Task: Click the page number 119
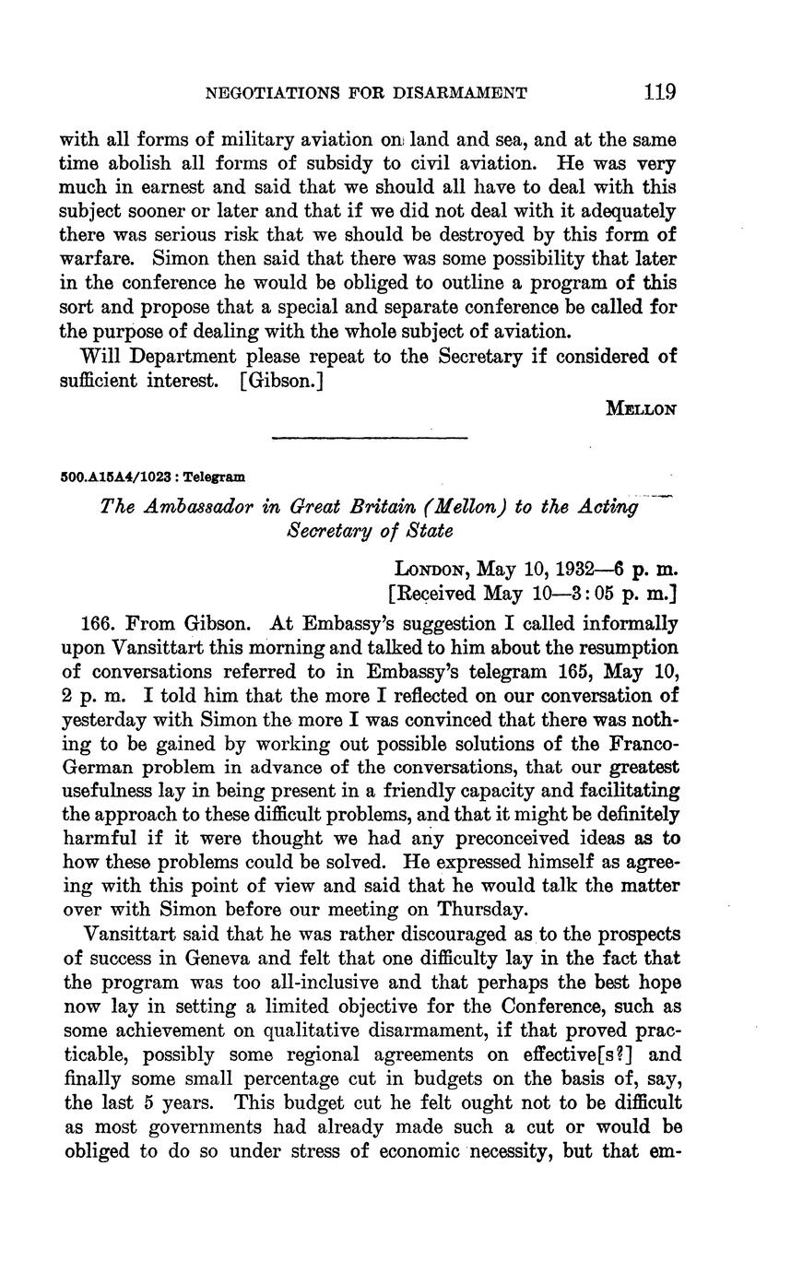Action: pos(661,92)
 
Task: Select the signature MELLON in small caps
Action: pos(641,409)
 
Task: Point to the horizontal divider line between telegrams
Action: pos(371,437)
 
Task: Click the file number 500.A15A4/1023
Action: pos(120,477)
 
